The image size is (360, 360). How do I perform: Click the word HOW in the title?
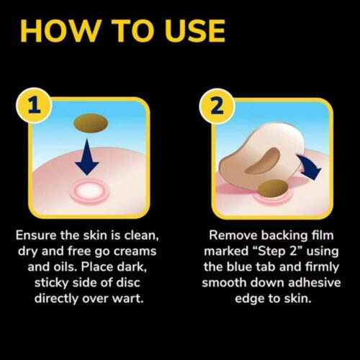click(x=60, y=31)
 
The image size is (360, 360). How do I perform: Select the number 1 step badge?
click(x=35, y=106)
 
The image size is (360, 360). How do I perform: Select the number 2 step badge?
click(x=217, y=106)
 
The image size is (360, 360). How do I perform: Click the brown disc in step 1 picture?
click(x=91, y=123)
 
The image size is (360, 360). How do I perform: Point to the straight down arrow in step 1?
click(x=87, y=157)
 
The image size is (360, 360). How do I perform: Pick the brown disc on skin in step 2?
click(x=273, y=187)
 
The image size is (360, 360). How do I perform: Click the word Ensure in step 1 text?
click(x=37, y=235)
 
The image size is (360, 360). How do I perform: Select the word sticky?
click(x=52, y=283)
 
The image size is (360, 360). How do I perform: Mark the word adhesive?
click(x=315, y=283)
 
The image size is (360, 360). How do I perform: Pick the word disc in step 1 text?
click(x=128, y=283)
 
